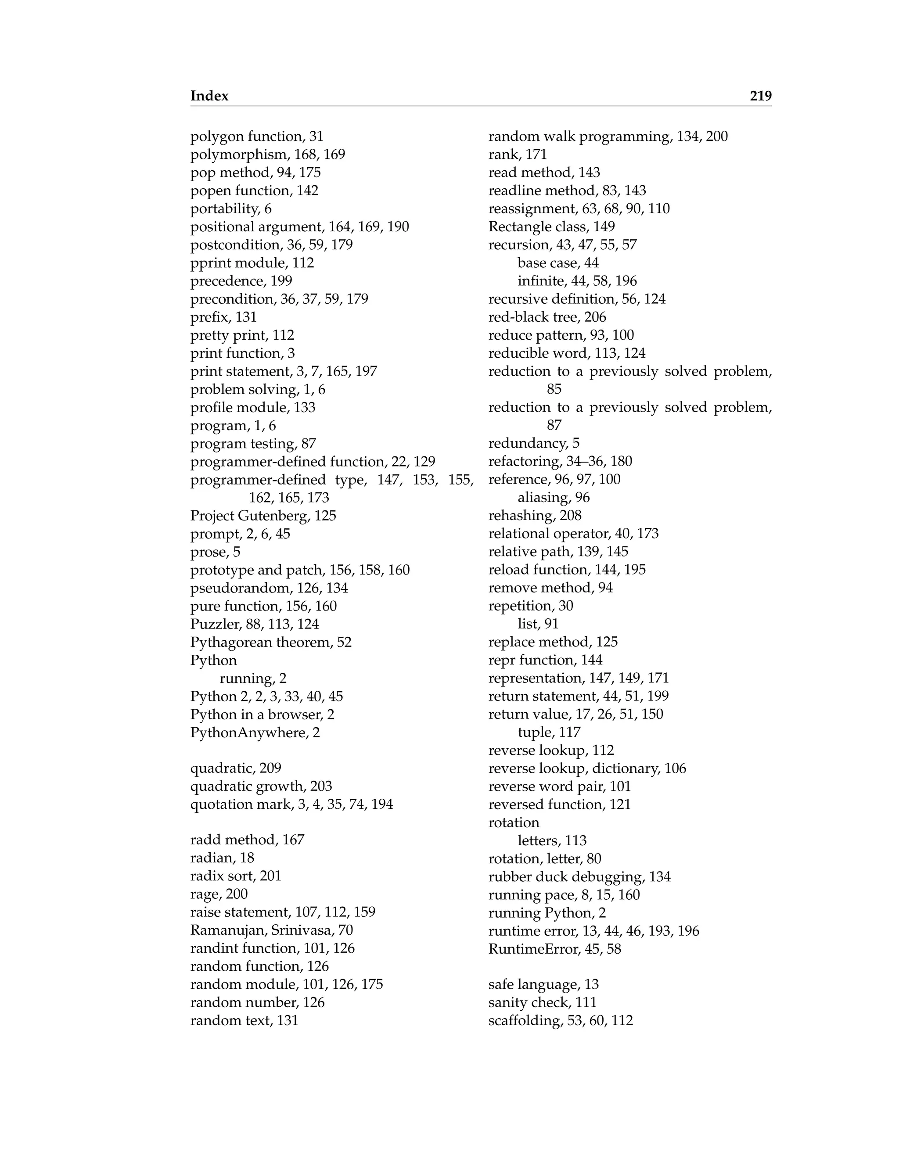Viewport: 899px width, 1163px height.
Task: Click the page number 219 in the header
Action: [x=760, y=96]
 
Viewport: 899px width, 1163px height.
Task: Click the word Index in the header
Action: [x=209, y=96]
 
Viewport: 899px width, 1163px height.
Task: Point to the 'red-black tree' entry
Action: [x=547, y=317]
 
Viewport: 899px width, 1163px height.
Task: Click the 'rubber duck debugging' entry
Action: [x=579, y=876]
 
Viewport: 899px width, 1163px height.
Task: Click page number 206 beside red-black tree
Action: [x=595, y=317]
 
